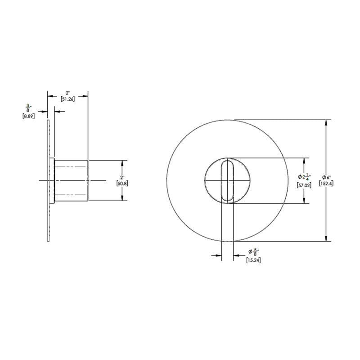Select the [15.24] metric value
(x=254, y=260)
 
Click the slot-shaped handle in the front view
(x=228, y=180)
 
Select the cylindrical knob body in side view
(x=71, y=180)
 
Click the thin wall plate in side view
(x=48, y=180)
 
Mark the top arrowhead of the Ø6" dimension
(x=326, y=122)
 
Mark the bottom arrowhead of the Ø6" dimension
(x=326, y=239)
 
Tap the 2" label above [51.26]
(x=68, y=92)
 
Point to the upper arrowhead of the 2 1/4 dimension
(x=306, y=160)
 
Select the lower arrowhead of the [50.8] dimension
(x=122, y=198)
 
